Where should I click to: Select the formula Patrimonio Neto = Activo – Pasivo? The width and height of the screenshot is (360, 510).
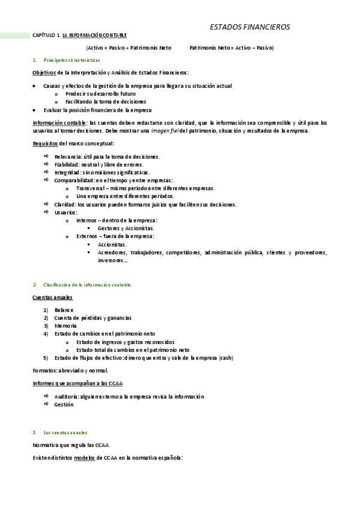pyautogui.click(x=231, y=47)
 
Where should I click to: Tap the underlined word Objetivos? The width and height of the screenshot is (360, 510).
pyautogui.click(x=44, y=72)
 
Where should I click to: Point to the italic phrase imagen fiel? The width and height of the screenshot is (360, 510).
pyautogui.click(x=162, y=131)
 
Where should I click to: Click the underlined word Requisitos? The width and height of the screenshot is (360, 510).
pyautogui.click(x=45, y=143)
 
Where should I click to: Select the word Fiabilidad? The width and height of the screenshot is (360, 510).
pyautogui.click(x=67, y=164)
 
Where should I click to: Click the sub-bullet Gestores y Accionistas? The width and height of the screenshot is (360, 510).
pyautogui.click(x=125, y=229)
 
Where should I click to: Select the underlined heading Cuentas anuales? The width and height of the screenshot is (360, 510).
pyautogui.click(x=52, y=297)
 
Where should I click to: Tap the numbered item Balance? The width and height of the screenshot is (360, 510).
pyautogui.click(x=64, y=310)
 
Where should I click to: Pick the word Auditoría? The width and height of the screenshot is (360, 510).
pyautogui.click(x=67, y=397)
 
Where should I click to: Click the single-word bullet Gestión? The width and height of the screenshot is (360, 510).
pyautogui.click(x=64, y=405)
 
